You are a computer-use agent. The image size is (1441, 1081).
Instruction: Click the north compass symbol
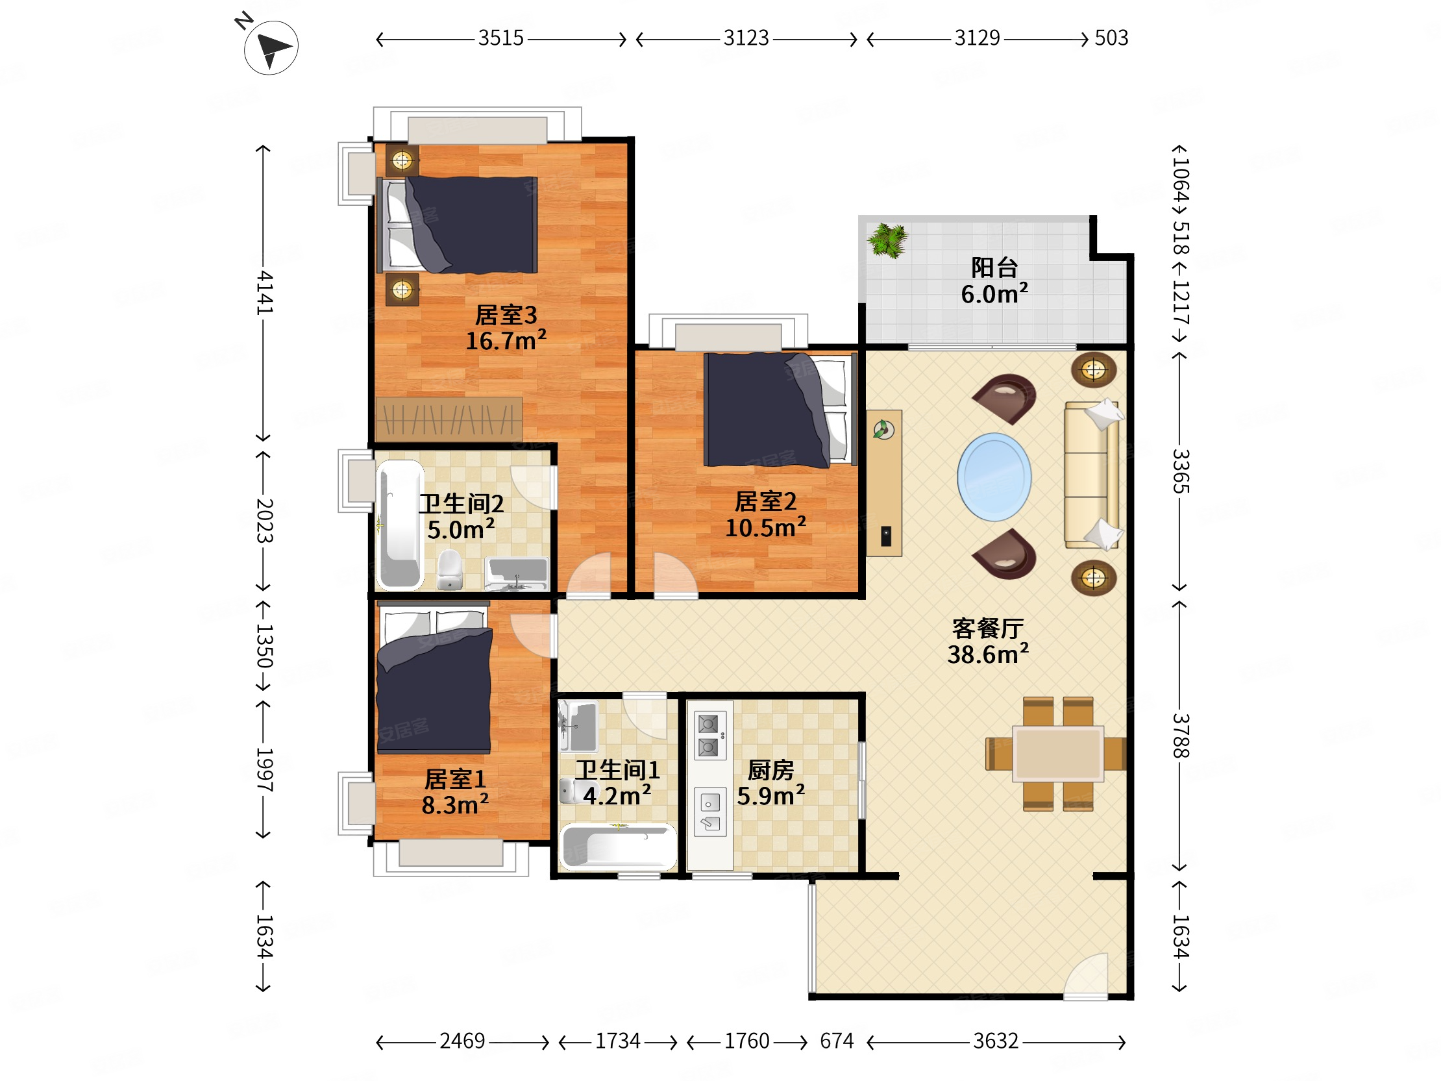click(271, 47)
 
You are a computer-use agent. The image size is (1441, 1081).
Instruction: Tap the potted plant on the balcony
click(887, 240)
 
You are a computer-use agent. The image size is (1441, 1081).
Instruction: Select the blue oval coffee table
click(994, 477)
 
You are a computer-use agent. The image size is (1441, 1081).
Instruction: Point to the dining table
click(1058, 754)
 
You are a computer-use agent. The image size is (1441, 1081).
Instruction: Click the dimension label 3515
click(500, 38)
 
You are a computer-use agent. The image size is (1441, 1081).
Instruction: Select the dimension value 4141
click(264, 293)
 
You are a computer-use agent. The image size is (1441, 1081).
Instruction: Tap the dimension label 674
click(837, 1041)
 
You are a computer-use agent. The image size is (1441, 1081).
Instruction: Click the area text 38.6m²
click(987, 654)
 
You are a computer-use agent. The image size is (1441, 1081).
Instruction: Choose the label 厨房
click(770, 770)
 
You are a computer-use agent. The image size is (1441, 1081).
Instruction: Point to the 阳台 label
click(994, 267)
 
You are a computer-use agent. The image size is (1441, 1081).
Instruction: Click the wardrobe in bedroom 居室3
click(449, 419)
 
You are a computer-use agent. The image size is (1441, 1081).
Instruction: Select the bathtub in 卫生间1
click(617, 847)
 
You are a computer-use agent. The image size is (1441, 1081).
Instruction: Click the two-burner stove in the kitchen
click(709, 736)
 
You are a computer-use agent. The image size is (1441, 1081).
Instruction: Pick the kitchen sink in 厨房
click(710, 812)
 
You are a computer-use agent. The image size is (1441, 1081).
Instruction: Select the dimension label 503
click(1111, 38)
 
